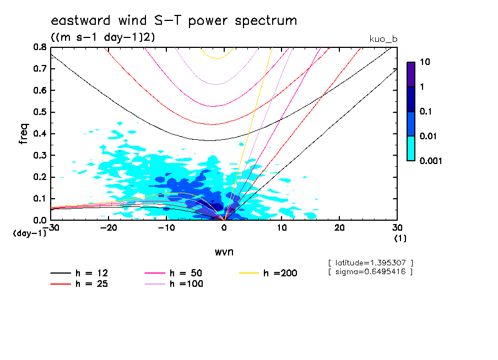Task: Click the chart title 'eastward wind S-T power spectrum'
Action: tap(174, 21)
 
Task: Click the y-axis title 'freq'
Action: tap(24, 133)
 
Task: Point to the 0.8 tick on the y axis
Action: tap(39, 47)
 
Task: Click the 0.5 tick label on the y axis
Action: tap(39, 112)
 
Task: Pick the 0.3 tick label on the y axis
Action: tap(39, 156)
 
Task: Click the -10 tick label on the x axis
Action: tap(166, 228)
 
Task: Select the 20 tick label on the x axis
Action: tap(339, 228)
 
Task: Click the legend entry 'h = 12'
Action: tap(84, 273)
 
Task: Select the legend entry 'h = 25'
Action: tap(84, 284)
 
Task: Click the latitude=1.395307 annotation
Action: tap(370, 263)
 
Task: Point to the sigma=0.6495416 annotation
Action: tap(370, 271)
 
